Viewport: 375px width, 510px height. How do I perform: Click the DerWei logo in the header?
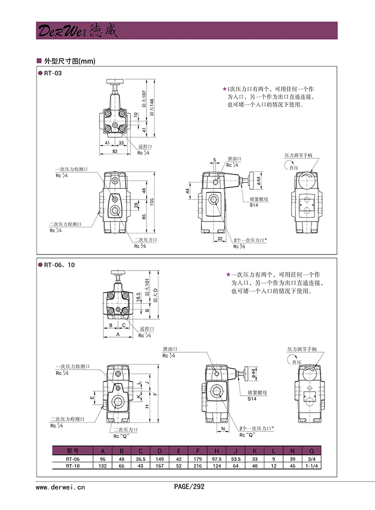coord(76,31)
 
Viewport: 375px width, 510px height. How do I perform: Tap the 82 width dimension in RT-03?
coord(115,151)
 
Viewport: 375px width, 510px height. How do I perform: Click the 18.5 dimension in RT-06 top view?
coord(138,298)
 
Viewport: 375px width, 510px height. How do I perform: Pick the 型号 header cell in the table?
coord(72,450)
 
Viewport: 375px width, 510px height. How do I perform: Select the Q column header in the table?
coord(311,450)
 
